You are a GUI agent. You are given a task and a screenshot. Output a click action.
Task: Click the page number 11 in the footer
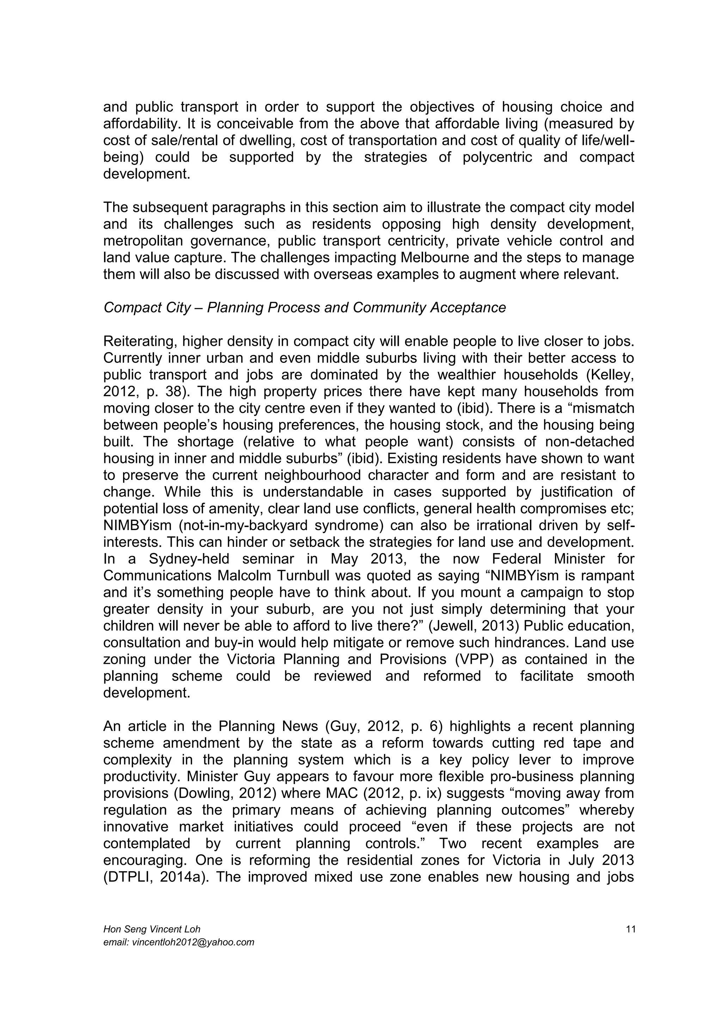pyautogui.click(x=630, y=929)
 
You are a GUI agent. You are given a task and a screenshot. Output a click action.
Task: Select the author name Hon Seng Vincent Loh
pyautogui.click(x=152, y=929)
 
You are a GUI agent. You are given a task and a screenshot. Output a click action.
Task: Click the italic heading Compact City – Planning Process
pyautogui.click(x=305, y=308)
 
